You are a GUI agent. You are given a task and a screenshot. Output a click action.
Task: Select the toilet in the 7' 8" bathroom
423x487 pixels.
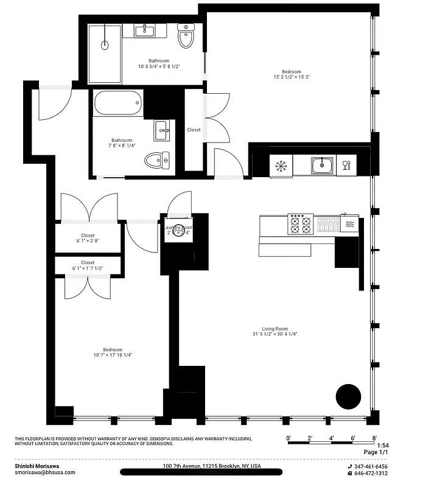pyautogui.click(x=157, y=161)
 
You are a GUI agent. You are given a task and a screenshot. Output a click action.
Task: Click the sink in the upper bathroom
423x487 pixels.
pyautogui.click(x=145, y=30)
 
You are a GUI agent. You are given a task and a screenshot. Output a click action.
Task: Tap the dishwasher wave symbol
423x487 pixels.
pyautogui.click(x=349, y=225)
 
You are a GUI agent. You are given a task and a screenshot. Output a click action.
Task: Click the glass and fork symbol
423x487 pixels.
pyautogui.click(x=346, y=165)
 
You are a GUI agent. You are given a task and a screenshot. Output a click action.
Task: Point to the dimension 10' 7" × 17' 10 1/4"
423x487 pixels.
pyautogui.click(x=113, y=355)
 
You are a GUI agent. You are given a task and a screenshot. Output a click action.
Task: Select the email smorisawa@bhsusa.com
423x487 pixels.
pyautogui.click(x=45, y=472)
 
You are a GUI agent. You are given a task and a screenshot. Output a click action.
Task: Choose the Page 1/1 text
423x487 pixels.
pyautogui.click(x=375, y=452)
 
